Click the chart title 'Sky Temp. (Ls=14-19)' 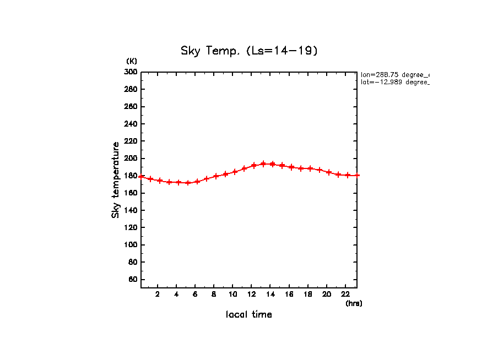[249, 51]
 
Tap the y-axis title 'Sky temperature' [116, 180]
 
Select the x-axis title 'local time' [249, 314]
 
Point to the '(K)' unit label [132, 61]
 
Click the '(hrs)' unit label [354, 303]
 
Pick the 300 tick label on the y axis [131, 72]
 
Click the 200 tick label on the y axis [131, 159]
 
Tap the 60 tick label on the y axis [132, 280]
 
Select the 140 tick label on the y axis [131, 210]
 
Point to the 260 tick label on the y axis [131, 106]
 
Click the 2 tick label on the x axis [158, 294]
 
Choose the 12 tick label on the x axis [251, 294]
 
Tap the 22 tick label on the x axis [345, 294]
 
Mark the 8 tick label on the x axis [214, 294]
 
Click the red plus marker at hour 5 [188, 183]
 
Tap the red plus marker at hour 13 [263, 164]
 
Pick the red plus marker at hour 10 [235, 172]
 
